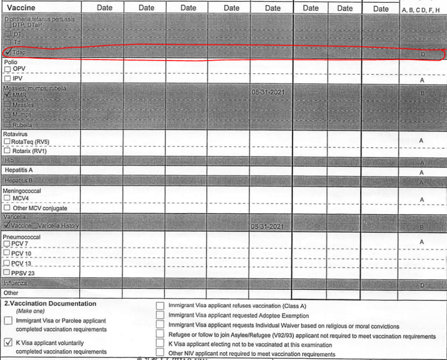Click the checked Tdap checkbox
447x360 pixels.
click(x=8, y=52)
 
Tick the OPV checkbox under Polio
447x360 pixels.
click(x=7, y=69)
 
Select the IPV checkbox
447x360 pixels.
click(x=7, y=78)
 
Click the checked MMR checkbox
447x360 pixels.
click(x=8, y=95)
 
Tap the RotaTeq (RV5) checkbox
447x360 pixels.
click(x=7, y=142)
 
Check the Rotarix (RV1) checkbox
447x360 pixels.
click(x=7, y=151)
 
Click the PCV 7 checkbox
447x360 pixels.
click(x=7, y=244)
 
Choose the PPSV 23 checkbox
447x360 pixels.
click(x=7, y=273)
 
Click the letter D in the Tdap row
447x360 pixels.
click(x=423, y=55)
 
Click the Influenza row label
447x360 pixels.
click(x=16, y=283)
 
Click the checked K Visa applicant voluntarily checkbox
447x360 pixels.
click(x=8, y=343)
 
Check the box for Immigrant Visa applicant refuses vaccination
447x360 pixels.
click(x=160, y=306)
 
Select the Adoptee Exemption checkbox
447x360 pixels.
click(x=160, y=315)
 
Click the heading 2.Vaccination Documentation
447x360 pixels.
click(x=50, y=303)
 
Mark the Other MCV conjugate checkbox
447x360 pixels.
click(x=7, y=208)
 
